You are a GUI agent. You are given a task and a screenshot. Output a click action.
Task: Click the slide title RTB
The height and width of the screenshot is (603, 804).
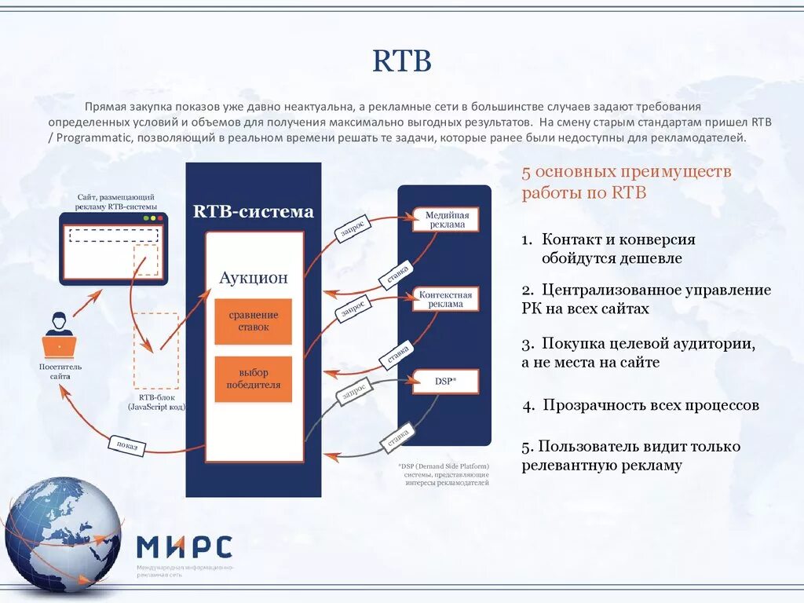(x=402, y=60)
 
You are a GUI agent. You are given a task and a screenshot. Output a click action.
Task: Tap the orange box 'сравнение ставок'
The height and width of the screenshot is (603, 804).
(x=254, y=321)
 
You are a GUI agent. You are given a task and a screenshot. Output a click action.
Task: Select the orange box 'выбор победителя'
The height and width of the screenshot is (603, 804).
(x=254, y=379)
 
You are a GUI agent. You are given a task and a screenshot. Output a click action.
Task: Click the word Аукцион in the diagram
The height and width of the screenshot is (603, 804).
(x=254, y=277)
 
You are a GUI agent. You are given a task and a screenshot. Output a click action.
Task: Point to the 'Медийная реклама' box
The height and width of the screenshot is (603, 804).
(x=446, y=220)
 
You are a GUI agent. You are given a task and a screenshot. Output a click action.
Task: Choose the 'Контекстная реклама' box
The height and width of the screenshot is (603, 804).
(x=446, y=300)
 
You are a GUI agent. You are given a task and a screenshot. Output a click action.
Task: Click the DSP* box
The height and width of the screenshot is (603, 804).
(x=446, y=381)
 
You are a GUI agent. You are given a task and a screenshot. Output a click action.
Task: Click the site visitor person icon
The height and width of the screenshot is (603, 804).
(x=58, y=334)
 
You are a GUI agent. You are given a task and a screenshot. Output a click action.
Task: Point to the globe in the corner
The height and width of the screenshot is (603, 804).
(x=63, y=534)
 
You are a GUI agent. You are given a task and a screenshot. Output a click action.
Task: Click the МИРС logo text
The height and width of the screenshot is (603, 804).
(x=185, y=546)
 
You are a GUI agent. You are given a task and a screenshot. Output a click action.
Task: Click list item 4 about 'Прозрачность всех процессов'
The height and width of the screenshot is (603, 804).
(x=641, y=406)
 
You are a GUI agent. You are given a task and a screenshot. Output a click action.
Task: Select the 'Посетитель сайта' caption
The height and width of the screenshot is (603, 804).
(x=60, y=371)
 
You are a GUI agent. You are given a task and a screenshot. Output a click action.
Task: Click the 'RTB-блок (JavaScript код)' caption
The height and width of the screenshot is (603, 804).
(x=156, y=403)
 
